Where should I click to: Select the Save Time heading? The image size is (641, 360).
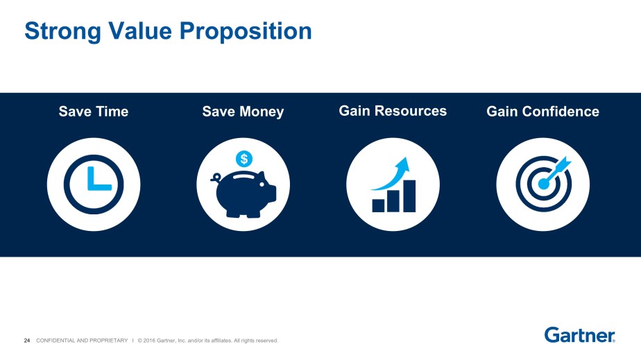(x=94, y=112)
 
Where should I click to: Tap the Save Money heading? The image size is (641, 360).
(x=243, y=112)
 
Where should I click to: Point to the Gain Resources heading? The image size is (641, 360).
(x=393, y=111)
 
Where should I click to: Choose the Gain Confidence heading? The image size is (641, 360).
(x=542, y=112)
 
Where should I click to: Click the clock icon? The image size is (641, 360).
(x=94, y=185)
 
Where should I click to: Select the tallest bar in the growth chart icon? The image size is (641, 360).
(x=409, y=196)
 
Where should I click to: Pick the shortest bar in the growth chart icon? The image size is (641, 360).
(x=378, y=205)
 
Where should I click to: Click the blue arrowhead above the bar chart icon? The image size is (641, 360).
(x=403, y=164)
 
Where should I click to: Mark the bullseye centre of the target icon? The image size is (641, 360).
(x=542, y=185)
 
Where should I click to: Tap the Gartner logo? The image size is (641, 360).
(x=579, y=335)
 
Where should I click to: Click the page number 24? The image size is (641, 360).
(x=27, y=341)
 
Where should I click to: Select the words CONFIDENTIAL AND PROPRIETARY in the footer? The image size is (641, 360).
(x=82, y=341)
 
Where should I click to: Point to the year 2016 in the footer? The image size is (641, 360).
(x=153, y=341)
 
